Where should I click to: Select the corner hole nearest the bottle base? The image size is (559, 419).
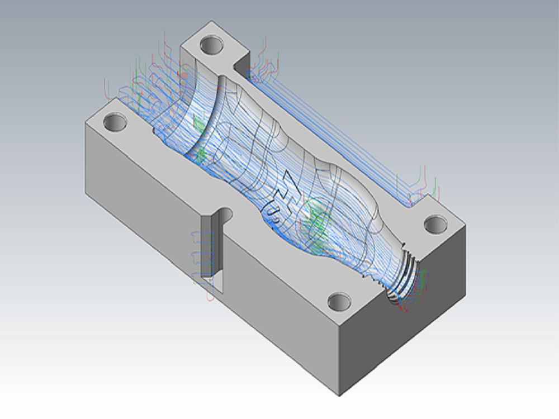[115, 122]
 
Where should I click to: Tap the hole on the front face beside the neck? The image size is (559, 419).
[339, 302]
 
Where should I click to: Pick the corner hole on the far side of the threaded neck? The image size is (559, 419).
[435, 225]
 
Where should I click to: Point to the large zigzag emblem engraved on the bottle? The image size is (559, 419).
[291, 188]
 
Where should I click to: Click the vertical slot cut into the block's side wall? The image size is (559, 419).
[210, 246]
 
